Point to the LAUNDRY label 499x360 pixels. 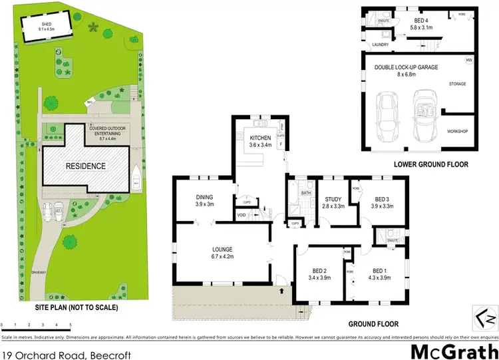click(380, 45)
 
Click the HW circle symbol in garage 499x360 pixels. click(468, 61)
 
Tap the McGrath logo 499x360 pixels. click(455, 351)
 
